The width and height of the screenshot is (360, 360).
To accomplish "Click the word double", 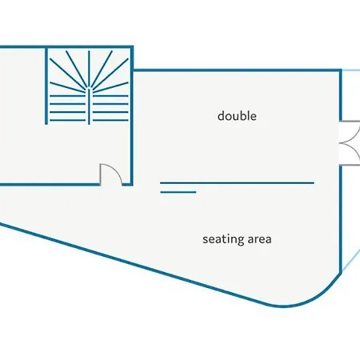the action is coord(237,116).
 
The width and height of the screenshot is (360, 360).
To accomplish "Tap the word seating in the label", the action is coord(222,239).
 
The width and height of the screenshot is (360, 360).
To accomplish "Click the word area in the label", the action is coord(259,239).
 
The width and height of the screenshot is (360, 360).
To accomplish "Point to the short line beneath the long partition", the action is coord(178,192).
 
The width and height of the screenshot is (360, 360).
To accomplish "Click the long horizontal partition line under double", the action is coord(237,183).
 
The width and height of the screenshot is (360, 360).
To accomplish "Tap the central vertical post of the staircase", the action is coord(89,106).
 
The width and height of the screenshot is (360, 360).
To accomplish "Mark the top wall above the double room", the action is coord(237,70).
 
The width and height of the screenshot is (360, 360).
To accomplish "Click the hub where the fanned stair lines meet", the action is coord(89,89).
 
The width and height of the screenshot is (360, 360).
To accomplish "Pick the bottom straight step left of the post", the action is coord(67,120).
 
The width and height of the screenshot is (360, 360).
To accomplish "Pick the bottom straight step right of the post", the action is coord(110,120).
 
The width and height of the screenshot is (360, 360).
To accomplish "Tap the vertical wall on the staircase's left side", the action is coord(46,86).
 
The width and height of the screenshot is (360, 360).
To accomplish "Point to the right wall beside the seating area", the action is coord(340,219).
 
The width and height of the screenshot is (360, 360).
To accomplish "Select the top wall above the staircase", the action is coord(66,47).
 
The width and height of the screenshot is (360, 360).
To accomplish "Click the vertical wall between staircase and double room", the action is coord(132,115).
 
